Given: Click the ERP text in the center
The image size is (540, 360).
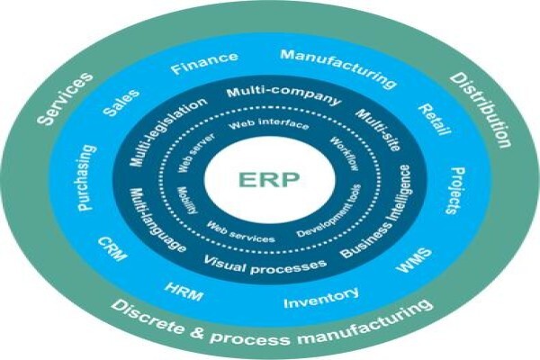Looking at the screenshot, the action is tap(269, 179).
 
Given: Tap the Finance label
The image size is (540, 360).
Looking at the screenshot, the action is tap(204, 63).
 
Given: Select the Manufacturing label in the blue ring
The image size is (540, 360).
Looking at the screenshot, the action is tap(338, 68).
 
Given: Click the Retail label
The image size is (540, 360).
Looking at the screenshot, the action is tap(435, 119).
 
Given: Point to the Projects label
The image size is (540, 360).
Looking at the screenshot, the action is tap(456, 191).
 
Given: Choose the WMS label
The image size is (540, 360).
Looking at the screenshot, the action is tap(413, 260).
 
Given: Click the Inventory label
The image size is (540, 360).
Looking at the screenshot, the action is tap(321, 298).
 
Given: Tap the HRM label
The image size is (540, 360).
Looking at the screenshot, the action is tap(184, 292).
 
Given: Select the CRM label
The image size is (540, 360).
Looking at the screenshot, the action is tap(112, 248).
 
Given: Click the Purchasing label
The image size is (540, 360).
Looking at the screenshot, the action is tap(85, 178).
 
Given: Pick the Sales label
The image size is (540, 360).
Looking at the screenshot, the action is tap(121, 103).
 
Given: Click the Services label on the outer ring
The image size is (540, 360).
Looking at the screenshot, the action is tap(65, 98).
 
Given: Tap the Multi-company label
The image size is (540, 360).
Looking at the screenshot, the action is tap(284, 95).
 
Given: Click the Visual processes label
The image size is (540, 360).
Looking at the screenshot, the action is tap(265, 265).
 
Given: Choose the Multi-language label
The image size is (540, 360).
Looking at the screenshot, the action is tap(157, 220).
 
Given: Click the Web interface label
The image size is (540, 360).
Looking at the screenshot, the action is tap(268, 124).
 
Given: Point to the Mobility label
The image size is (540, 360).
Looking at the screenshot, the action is tap(188, 201).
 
